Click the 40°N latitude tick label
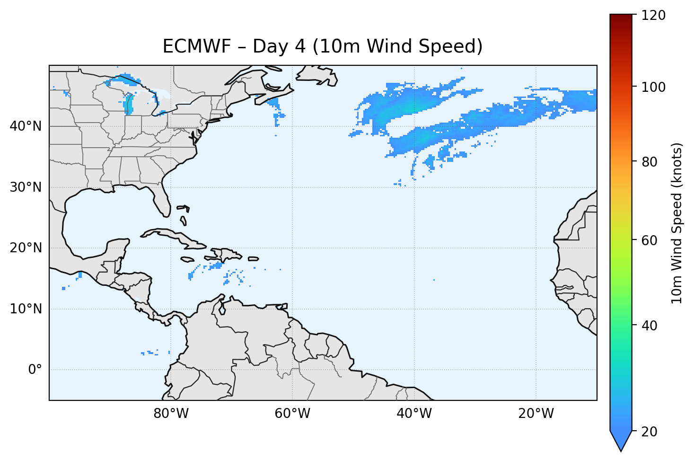tap(26, 126)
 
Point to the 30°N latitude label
tap(26, 187)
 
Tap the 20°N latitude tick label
tap(26, 248)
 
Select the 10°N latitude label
tap(26, 309)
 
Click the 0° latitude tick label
tap(35, 370)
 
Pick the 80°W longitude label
tap(171, 414)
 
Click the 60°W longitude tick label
tap(292, 414)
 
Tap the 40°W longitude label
tap(414, 414)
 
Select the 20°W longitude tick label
tap(536, 414)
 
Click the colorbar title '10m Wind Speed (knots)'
tap(677, 223)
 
